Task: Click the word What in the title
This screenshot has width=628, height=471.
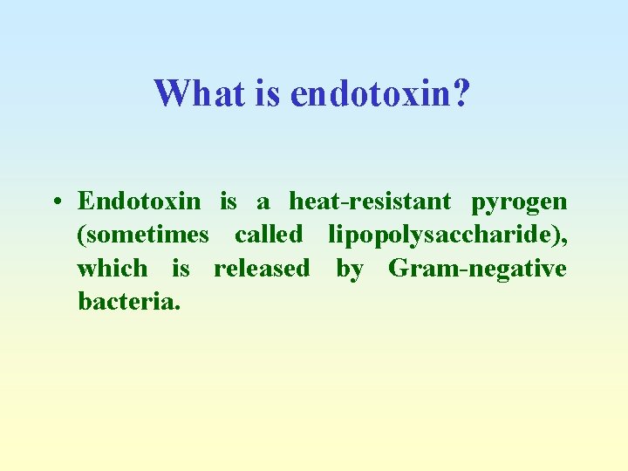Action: [199, 93]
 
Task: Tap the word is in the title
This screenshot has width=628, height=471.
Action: [267, 93]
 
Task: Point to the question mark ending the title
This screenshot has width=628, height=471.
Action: [461, 93]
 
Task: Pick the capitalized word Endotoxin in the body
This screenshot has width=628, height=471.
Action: [139, 201]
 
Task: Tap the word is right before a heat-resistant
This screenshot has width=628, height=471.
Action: [228, 201]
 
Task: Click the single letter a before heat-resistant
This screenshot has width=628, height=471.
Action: [263, 203]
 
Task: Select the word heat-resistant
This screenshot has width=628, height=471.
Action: [370, 201]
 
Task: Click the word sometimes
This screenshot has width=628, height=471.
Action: [147, 235]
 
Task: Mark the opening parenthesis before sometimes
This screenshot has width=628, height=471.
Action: [81, 235]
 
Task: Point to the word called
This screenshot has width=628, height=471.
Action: [269, 235]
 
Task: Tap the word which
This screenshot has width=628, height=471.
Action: [112, 268]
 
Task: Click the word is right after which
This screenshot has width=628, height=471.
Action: [181, 268]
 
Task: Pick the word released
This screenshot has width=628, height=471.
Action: [262, 268]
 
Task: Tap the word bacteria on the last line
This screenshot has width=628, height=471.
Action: [126, 301]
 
